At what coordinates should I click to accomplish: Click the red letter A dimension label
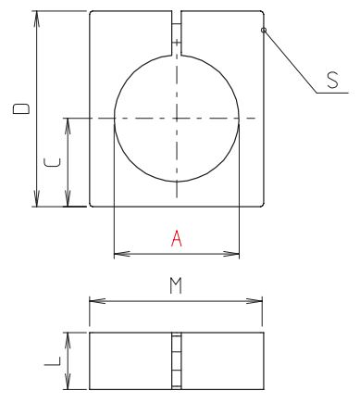[175, 238]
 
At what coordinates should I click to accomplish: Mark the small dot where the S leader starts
[264, 31]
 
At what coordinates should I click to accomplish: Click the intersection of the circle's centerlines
[176, 118]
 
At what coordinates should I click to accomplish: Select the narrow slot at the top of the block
[176, 28]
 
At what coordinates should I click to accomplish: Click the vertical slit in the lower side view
[176, 360]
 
